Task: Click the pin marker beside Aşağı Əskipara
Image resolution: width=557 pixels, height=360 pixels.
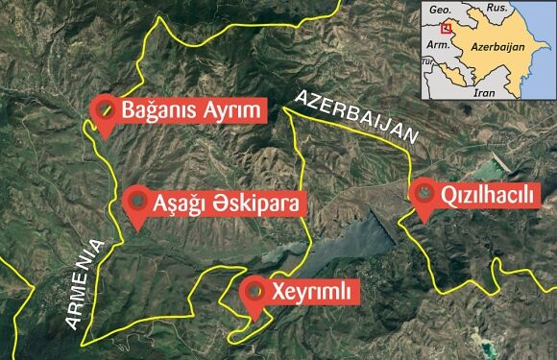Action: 139,204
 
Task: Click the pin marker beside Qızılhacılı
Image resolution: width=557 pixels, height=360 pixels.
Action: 423,195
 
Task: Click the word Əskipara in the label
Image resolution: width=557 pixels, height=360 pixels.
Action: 238,204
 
